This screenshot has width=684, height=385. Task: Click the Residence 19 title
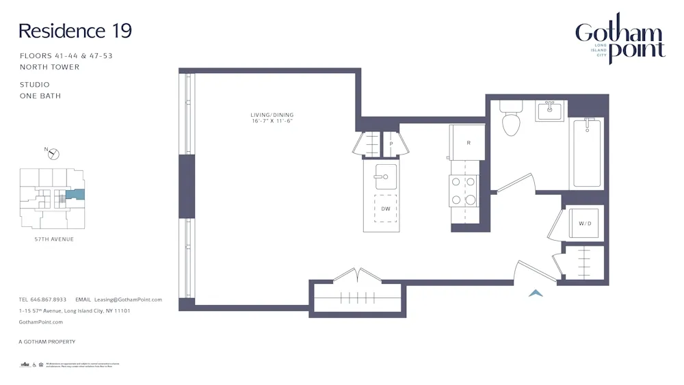click(x=75, y=31)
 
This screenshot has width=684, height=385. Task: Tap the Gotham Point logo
click(x=620, y=39)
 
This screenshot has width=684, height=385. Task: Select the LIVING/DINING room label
click(x=272, y=114)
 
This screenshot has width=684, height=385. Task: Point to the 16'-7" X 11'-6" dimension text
click(x=272, y=121)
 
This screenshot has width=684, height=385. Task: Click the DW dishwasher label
click(x=386, y=209)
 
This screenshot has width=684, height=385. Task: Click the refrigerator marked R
click(x=468, y=143)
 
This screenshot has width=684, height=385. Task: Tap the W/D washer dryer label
click(x=585, y=224)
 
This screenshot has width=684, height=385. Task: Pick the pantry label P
click(x=391, y=144)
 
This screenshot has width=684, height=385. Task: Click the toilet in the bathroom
click(x=511, y=120)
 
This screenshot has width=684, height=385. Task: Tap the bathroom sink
click(x=550, y=111)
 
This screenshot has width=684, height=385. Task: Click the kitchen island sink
click(x=381, y=178)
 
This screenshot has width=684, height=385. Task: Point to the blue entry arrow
click(x=536, y=293)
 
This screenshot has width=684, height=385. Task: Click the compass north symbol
click(x=55, y=153)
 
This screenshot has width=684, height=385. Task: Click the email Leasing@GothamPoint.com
click(x=128, y=300)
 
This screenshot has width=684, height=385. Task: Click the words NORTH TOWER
click(x=49, y=67)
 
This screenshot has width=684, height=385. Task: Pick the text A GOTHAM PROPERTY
click(x=47, y=341)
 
